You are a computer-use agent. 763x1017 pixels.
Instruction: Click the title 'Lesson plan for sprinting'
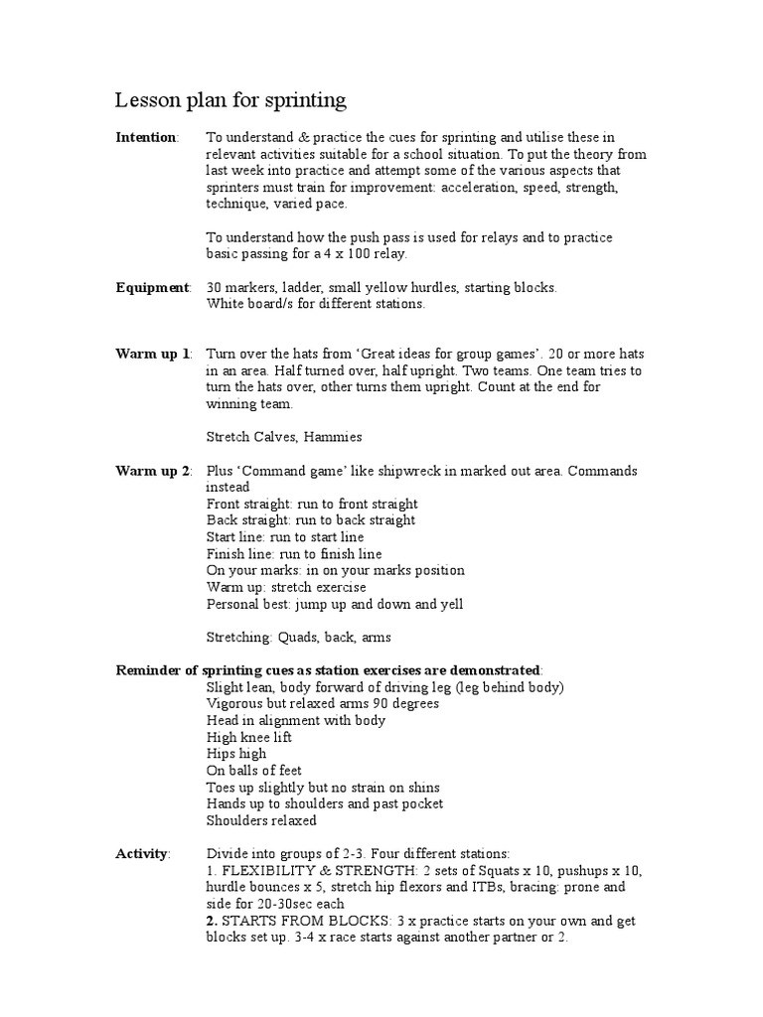(x=230, y=100)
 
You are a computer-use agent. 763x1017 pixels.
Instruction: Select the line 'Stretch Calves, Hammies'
(x=284, y=437)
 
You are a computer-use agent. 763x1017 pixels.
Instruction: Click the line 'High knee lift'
(x=249, y=737)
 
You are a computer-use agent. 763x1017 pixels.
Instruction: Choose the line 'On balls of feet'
(x=253, y=771)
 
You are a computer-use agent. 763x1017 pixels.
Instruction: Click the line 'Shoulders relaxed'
(x=261, y=820)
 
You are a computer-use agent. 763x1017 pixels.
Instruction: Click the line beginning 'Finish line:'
(x=294, y=554)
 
